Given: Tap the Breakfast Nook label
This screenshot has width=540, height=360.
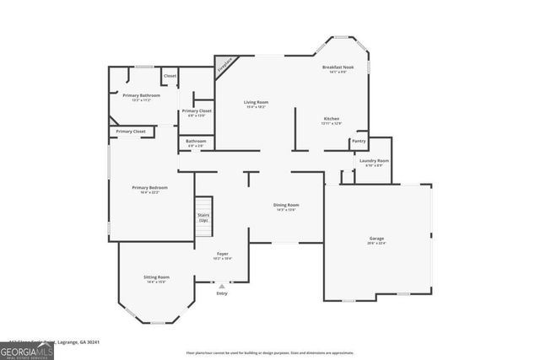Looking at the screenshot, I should pyautogui.click(x=337, y=67).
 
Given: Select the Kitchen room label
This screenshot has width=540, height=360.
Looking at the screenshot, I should pyautogui.click(x=332, y=119).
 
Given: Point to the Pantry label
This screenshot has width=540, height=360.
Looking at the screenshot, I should pyautogui.click(x=359, y=141).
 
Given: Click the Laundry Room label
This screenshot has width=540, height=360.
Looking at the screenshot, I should pyautogui.click(x=374, y=160).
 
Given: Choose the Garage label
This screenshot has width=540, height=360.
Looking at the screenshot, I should pyautogui.click(x=376, y=239).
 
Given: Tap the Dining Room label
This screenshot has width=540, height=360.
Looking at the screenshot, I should pyautogui.click(x=286, y=205).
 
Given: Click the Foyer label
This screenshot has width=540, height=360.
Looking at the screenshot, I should pyautogui.click(x=223, y=254).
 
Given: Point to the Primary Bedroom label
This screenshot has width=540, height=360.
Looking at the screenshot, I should pyautogui.click(x=149, y=187).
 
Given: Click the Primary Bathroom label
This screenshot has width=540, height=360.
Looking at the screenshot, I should pyautogui.click(x=141, y=95).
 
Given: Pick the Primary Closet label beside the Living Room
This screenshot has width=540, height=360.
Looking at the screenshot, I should pyautogui.click(x=197, y=110).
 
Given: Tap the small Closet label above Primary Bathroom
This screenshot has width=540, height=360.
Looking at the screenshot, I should pyautogui.click(x=170, y=76).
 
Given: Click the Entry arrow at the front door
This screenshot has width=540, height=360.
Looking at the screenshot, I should pyautogui.click(x=222, y=286).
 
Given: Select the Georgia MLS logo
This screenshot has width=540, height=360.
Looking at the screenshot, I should pyautogui.click(x=26, y=350).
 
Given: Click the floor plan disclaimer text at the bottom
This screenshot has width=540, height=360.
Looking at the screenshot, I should pyautogui.click(x=269, y=352).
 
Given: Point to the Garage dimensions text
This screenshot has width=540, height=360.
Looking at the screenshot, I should pyautogui.click(x=376, y=244).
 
